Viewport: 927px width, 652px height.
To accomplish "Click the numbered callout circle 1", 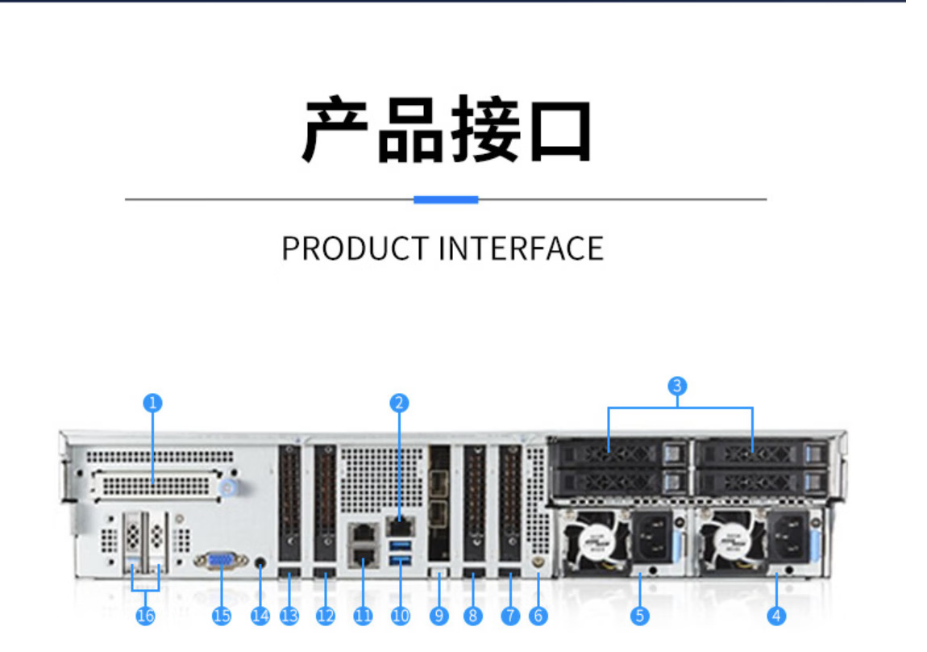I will click(152, 403).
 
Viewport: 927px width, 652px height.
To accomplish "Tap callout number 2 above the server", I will click(398, 403).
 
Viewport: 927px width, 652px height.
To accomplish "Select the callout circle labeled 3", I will click(677, 385).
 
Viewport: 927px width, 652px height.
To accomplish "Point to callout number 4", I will click(776, 616).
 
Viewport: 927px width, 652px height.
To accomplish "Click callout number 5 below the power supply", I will click(639, 616).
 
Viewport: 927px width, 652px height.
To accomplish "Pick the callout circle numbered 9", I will click(439, 616).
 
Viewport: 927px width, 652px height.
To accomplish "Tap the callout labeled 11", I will click(364, 616).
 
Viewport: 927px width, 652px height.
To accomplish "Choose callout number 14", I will click(260, 616).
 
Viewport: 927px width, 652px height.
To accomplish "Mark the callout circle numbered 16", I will click(146, 616).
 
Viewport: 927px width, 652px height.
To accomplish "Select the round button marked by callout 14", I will click(260, 562).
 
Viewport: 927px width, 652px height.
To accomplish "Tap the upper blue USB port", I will click(401, 547).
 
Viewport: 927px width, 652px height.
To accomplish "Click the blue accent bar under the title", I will click(446, 199).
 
